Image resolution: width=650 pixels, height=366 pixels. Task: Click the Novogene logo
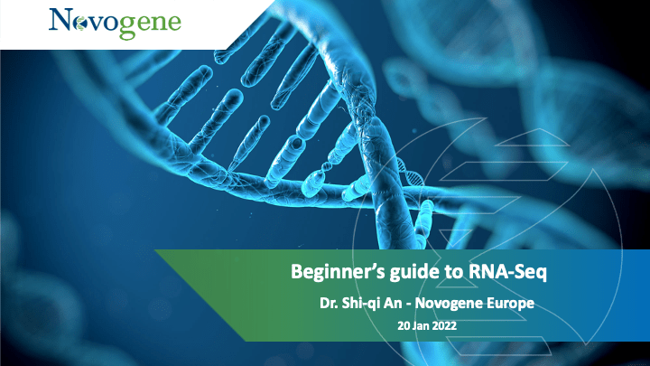coord(115,23)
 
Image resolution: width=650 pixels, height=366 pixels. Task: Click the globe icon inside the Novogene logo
coord(79,24)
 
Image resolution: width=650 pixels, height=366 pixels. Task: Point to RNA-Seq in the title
coord(507,272)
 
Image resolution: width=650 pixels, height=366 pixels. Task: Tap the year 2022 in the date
coord(445,325)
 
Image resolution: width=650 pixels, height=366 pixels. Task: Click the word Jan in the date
coord(422,325)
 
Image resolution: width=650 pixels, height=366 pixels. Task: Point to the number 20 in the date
coord(404,325)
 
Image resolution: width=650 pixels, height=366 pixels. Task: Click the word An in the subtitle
coord(393,304)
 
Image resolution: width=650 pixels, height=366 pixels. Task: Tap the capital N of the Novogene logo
coord(60,20)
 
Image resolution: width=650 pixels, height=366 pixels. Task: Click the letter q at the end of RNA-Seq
coord(543,275)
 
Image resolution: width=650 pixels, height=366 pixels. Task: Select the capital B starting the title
coord(296,272)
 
